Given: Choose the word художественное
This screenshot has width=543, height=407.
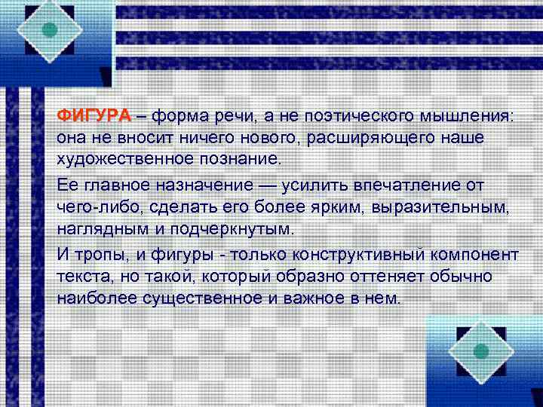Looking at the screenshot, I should [x=125, y=161].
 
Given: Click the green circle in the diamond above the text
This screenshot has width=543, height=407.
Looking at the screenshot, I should [x=51, y=30].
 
